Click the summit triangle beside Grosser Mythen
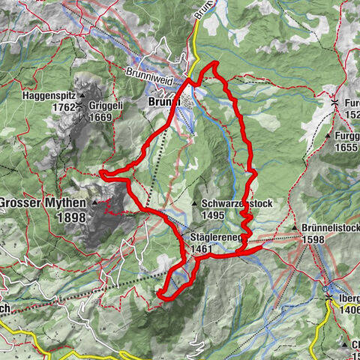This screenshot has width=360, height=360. click(x=94, y=203)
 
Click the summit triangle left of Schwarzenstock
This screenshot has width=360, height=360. click(x=193, y=203)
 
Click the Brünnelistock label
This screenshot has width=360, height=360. click(x=331, y=226)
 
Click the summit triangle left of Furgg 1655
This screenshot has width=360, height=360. click(x=328, y=136)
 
